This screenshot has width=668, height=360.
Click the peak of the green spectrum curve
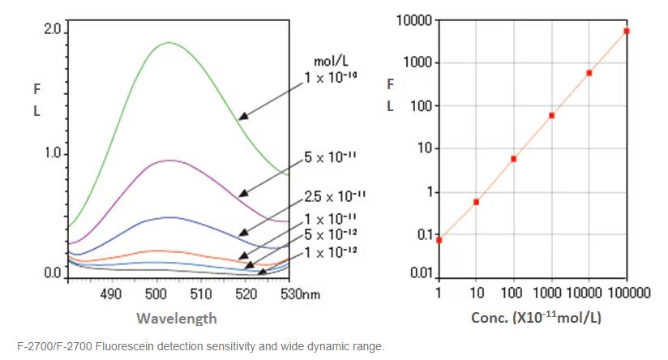pos(168,42)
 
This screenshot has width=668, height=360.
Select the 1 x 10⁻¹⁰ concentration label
pos(332,78)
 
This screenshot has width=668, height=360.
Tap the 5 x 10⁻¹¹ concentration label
pos(331,156)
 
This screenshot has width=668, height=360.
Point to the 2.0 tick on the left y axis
pos(53,29)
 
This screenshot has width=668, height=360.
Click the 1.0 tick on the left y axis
pos(53,153)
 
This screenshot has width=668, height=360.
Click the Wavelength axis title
pos(177,319)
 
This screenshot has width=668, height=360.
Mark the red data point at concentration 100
pos(514,158)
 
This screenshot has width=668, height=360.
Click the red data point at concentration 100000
pos(627,31)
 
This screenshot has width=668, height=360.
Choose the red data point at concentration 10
pos(476,202)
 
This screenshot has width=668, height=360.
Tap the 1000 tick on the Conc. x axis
pos(551,293)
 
